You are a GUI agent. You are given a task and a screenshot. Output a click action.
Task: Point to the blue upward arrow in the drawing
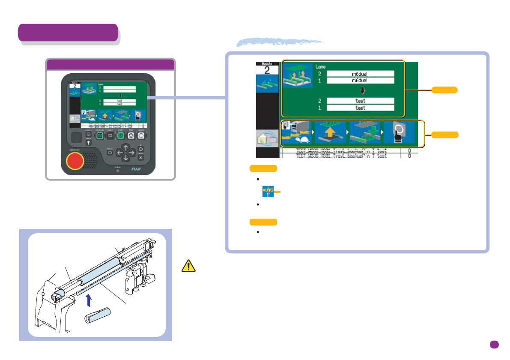point(89,300)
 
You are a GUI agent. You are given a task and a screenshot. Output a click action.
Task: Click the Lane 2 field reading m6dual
point(360,73)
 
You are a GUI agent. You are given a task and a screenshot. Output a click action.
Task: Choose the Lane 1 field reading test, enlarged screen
point(360,108)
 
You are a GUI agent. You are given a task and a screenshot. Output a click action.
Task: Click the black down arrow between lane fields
point(360,91)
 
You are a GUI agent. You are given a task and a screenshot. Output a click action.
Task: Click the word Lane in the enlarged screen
point(321,67)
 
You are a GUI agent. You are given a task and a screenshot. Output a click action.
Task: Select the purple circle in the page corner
point(494,345)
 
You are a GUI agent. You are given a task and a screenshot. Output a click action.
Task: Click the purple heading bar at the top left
point(68,33)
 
